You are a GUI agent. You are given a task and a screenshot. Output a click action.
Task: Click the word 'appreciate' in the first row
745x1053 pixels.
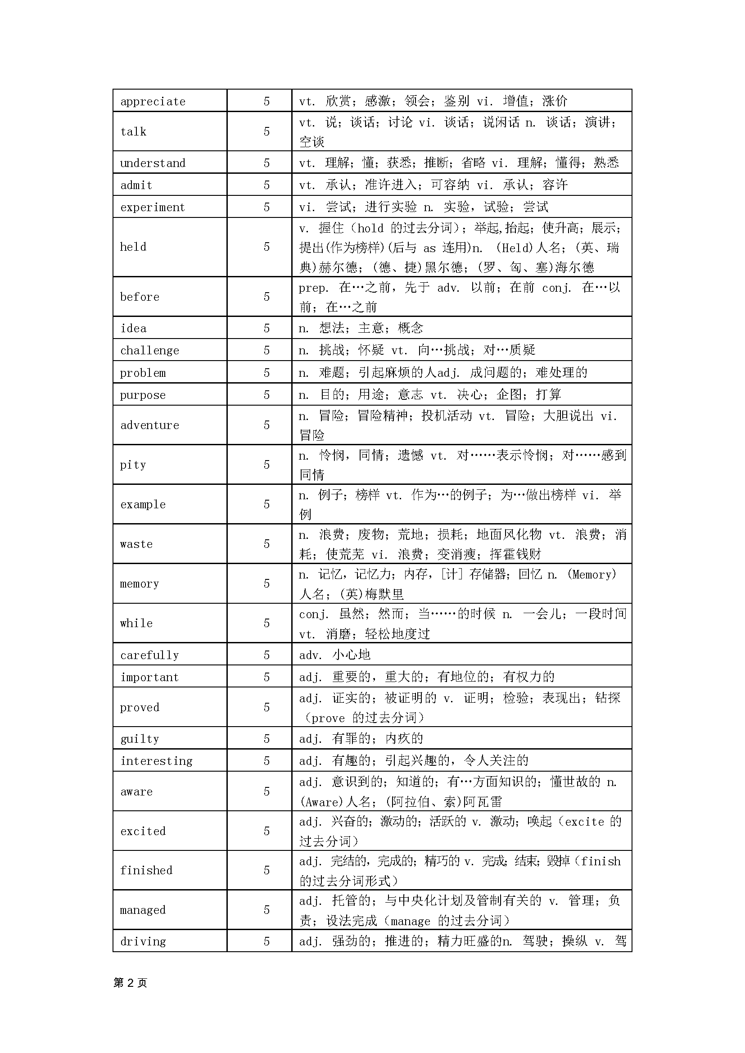tap(153, 101)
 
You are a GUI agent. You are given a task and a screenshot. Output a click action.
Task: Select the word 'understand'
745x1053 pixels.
tap(153, 163)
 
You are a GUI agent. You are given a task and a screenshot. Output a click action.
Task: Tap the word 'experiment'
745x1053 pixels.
tap(153, 208)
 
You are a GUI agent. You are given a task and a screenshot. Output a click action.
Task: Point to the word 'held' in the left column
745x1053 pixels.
tap(133, 247)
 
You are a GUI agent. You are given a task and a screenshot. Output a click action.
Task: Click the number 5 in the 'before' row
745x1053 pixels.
tap(266, 297)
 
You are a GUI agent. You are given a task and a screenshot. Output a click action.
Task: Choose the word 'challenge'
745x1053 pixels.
tap(149, 351)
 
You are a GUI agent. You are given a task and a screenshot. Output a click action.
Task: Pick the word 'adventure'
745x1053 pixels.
tap(149, 425)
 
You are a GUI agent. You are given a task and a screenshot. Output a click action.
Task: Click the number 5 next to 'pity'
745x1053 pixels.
tap(266, 465)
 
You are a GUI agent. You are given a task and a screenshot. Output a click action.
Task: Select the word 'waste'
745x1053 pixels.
tap(136, 544)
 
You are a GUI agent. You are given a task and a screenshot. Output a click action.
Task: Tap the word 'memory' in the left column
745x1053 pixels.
tap(140, 583)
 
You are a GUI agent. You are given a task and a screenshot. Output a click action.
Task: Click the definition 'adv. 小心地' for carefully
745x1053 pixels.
tap(334, 655)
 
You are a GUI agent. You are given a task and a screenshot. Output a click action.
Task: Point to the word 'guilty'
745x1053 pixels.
tap(140, 739)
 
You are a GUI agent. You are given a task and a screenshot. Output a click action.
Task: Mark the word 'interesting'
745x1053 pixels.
tap(157, 761)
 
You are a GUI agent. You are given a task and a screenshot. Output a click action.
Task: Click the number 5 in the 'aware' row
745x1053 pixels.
tap(266, 791)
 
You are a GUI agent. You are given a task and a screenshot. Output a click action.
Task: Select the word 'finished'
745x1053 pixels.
tap(146, 870)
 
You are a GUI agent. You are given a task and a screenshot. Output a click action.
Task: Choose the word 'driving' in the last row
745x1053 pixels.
tap(143, 941)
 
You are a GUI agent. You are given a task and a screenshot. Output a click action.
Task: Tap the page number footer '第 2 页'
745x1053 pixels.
tap(130, 983)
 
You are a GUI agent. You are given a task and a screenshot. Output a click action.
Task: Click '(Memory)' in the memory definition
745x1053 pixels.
tap(592, 574)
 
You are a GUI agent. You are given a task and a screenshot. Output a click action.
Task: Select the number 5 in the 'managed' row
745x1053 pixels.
tap(266, 910)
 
